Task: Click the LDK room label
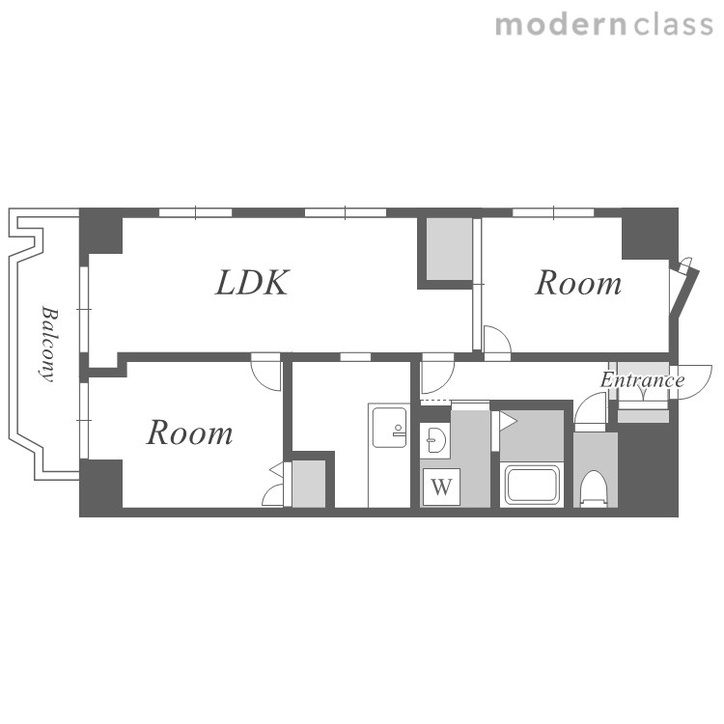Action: [x=253, y=283]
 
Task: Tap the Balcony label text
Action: [x=49, y=345]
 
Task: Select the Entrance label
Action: [x=642, y=380]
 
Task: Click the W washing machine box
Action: [x=441, y=487]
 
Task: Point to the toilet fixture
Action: [x=594, y=488]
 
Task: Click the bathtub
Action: [x=532, y=485]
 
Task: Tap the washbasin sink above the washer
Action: [x=436, y=440]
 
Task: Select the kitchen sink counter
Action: [x=389, y=456]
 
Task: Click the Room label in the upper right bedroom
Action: [x=578, y=283]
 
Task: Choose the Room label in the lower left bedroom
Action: [x=190, y=432]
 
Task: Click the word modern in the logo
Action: [x=561, y=25]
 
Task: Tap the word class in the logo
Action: [x=673, y=25]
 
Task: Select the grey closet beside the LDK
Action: [x=449, y=249]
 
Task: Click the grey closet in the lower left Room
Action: [x=309, y=484]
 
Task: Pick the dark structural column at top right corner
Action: [x=650, y=234]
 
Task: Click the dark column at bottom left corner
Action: [x=101, y=487]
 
